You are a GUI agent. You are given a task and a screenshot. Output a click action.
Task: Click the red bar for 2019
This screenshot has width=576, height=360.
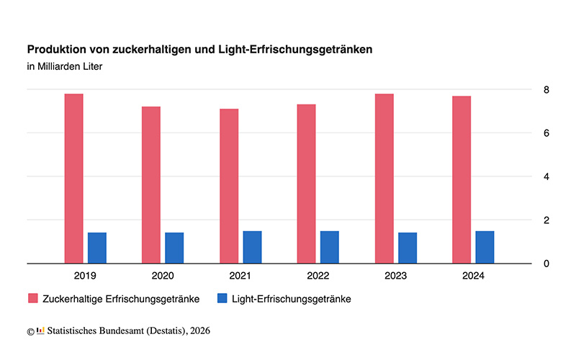pyautogui.click(x=73, y=179)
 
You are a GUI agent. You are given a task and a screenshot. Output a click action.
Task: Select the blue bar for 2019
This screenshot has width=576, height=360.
pyautogui.click(x=97, y=248)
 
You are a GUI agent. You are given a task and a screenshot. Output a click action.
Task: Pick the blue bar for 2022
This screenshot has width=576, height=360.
pyautogui.click(x=330, y=247)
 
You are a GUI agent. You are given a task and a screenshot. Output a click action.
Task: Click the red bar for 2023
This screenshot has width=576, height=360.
pyautogui.click(x=384, y=179)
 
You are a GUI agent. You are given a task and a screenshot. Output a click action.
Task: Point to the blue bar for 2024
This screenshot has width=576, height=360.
pyautogui.click(x=485, y=247)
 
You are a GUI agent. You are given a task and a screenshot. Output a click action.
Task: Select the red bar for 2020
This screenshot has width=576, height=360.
pyautogui.click(x=151, y=185)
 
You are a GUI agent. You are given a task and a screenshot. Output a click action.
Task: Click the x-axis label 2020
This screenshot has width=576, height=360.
pyautogui.click(x=163, y=275)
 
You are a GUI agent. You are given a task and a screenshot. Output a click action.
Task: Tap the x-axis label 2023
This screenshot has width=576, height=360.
pyautogui.click(x=395, y=275)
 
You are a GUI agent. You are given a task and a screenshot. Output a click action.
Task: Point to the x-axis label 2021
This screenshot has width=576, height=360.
pyautogui.click(x=240, y=275)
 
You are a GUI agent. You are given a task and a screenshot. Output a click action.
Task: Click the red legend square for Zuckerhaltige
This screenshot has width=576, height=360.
pyautogui.click(x=32, y=298)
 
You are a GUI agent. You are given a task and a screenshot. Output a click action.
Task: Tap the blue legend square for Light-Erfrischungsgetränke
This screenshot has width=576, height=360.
pyautogui.click(x=222, y=298)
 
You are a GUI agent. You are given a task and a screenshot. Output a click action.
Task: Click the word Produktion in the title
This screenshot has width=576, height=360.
pyautogui.click(x=56, y=50)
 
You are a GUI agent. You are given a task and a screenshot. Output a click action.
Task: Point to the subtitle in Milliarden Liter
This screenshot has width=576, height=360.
pyautogui.click(x=66, y=68)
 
